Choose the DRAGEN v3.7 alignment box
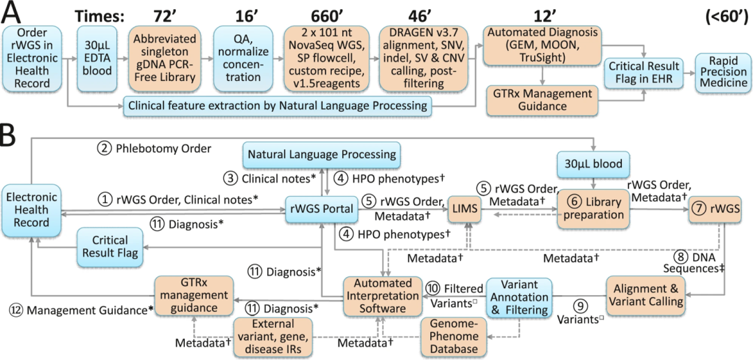(x=421, y=59)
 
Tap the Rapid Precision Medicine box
(x=719, y=73)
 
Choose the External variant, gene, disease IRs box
(x=273, y=336)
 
